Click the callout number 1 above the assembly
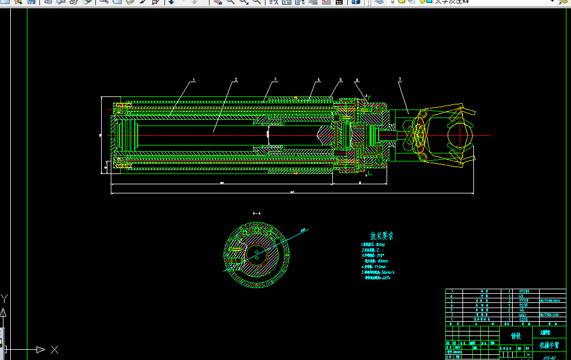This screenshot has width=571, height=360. [194, 80]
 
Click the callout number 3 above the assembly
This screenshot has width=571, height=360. [275, 79]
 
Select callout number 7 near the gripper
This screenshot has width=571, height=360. [400, 79]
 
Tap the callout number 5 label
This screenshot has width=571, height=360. [340, 80]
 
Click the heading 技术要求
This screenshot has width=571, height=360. [381, 236]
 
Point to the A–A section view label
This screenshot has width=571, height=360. [256, 212]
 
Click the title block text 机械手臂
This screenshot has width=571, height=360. [549, 345]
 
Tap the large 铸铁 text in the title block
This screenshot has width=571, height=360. [516, 336]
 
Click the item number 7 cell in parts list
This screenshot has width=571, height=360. [452, 291]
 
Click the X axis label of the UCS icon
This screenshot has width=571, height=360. [54, 349]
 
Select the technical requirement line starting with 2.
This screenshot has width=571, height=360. [371, 250]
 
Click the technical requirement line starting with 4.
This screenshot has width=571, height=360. [373, 266]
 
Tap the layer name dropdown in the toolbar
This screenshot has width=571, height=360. [491, 2]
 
